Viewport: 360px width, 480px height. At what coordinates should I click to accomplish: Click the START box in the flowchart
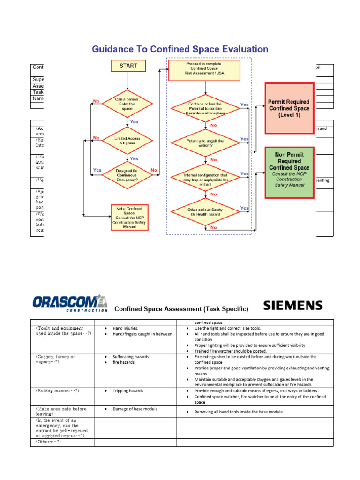click(x=128, y=66)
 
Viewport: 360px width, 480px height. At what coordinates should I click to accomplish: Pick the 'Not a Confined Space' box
click(x=129, y=217)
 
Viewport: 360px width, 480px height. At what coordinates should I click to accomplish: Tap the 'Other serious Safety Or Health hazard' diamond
click(x=205, y=212)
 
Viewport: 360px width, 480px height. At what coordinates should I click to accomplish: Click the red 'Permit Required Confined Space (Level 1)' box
click(x=289, y=108)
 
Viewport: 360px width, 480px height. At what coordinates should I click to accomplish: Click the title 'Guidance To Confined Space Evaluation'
click(x=180, y=49)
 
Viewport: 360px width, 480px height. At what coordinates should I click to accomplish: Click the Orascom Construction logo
click(x=70, y=303)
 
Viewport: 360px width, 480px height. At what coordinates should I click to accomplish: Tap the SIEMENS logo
click(x=293, y=306)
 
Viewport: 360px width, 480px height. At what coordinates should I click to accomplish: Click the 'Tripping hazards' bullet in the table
click(x=128, y=390)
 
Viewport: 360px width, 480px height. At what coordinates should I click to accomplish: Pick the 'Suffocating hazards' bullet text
click(x=131, y=357)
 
